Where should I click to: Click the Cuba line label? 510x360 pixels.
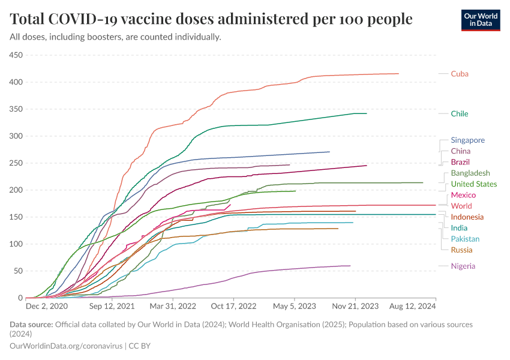tap(460, 74)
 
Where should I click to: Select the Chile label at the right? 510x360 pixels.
tap(460, 113)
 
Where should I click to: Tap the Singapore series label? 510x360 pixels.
tap(467, 140)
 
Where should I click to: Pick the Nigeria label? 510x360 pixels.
tap(463, 266)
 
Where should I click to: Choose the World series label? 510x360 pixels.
tap(461, 206)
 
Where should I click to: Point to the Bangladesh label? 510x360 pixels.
tap(470, 173)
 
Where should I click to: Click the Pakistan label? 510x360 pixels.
tap(466, 239)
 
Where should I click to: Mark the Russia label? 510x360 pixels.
tap(461, 250)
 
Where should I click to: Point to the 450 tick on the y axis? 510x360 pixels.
tap(15, 55)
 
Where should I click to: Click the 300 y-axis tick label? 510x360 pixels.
tap(15, 136)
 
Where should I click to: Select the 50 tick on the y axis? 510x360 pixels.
tap(17, 271)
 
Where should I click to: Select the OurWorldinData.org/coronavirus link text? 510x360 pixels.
tap(65, 346)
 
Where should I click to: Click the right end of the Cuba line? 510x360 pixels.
tap(398, 74)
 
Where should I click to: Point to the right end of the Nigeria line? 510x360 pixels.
tap(350, 266)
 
